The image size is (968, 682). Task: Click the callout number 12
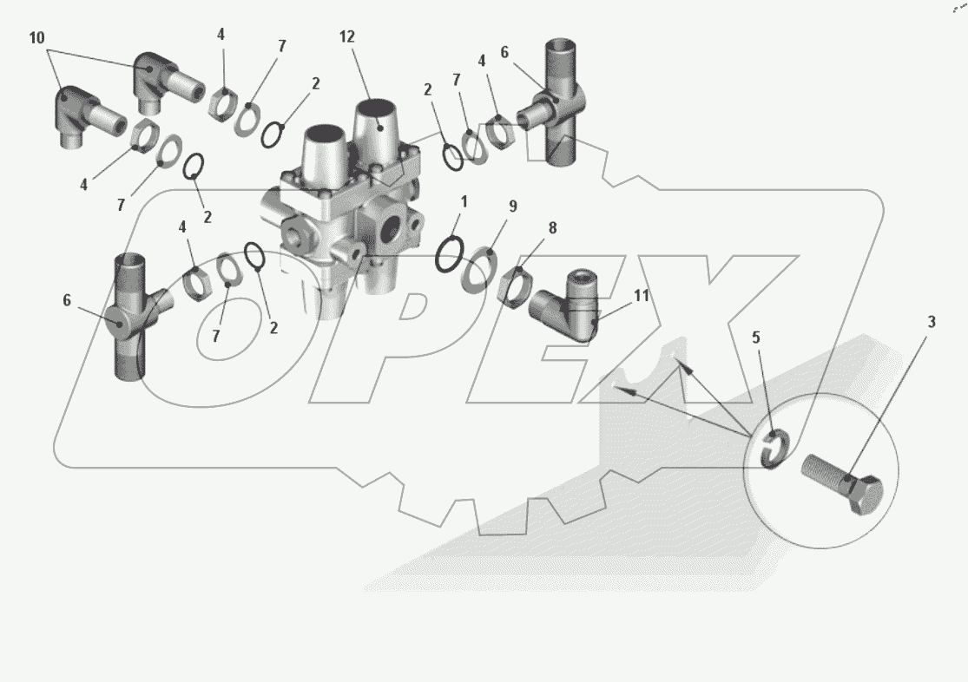347,37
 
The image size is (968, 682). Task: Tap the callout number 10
36,38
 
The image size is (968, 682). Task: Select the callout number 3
931,322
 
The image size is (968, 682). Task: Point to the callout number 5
755,338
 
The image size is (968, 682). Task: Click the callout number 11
642,296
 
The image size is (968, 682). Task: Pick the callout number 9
513,207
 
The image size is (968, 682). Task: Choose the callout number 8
552,228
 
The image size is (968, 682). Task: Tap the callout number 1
464,202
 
